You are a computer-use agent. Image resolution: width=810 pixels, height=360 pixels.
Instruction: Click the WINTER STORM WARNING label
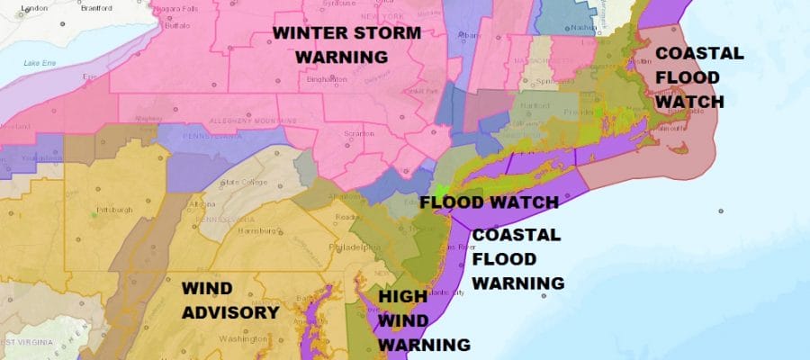[x=346, y=44]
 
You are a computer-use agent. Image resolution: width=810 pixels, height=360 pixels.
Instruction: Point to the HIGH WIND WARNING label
[x=423, y=319]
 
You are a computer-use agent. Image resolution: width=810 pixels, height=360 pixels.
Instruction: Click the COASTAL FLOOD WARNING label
[x=517, y=259]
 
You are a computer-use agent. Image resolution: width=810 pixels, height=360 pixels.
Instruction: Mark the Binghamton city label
[x=326, y=78]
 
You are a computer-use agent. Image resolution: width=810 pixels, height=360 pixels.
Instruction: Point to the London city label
[x=33, y=7]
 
